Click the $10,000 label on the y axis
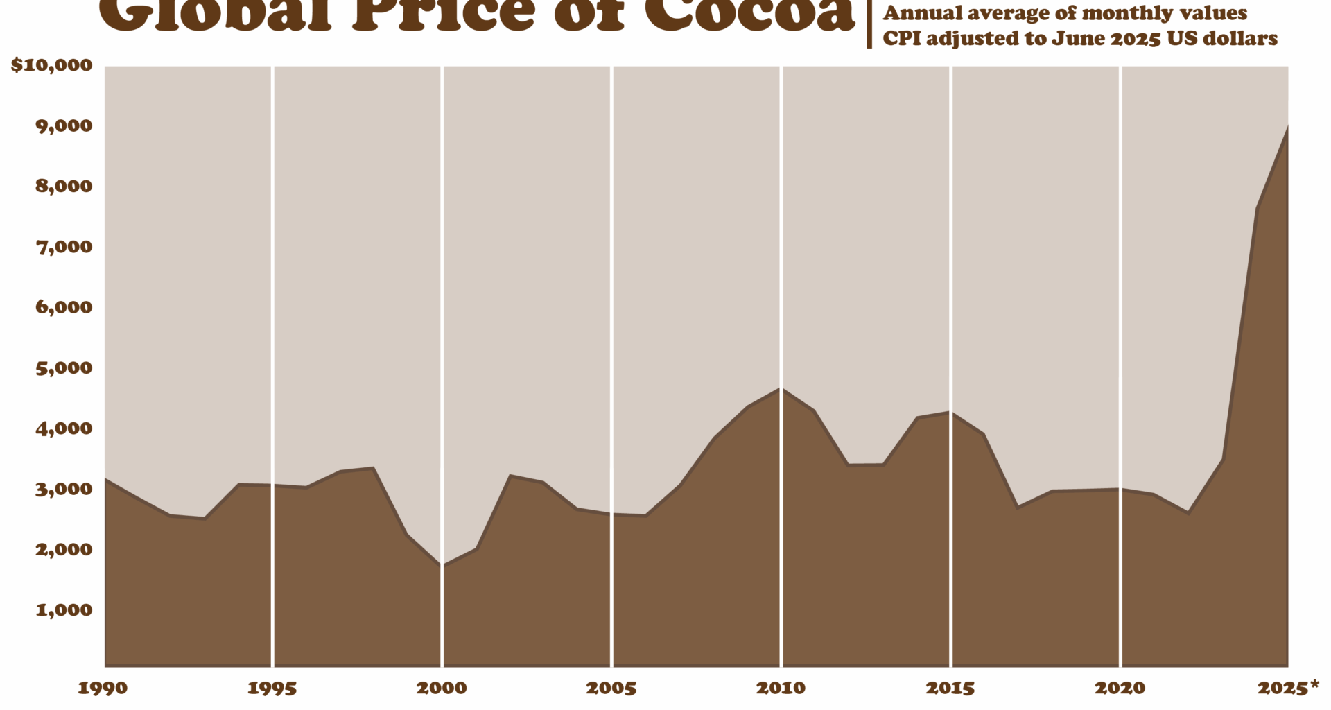click(x=51, y=65)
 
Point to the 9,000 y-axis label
click(x=63, y=125)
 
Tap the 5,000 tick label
click(x=63, y=367)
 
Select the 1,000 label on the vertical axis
click(x=63, y=609)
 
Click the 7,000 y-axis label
click(x=63, y=246)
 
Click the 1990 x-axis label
click(x=103, y=688)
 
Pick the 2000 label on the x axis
click(x=442, y=688)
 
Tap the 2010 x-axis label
click(x=781, y=688)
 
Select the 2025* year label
click(x=1288, y=688)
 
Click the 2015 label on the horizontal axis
click(x=950, y=688)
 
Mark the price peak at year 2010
click(x=781, y=388)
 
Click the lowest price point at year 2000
click(x=442, y=564)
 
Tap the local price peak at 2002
click(x=510, y=476)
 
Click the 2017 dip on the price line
click(x=1018, y=508)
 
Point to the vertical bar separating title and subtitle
click(x=869, y=24)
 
